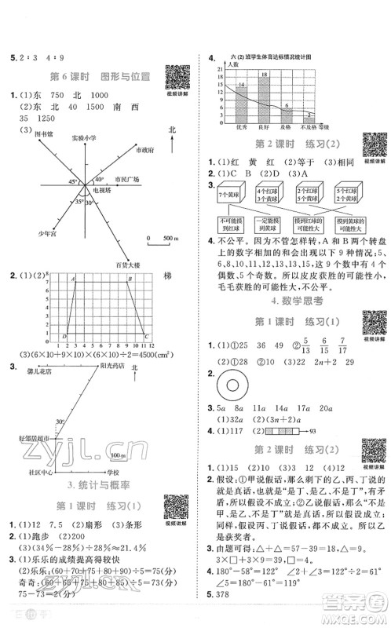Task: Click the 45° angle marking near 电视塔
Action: pos(53,182)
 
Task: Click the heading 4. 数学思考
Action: pos(294,300)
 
